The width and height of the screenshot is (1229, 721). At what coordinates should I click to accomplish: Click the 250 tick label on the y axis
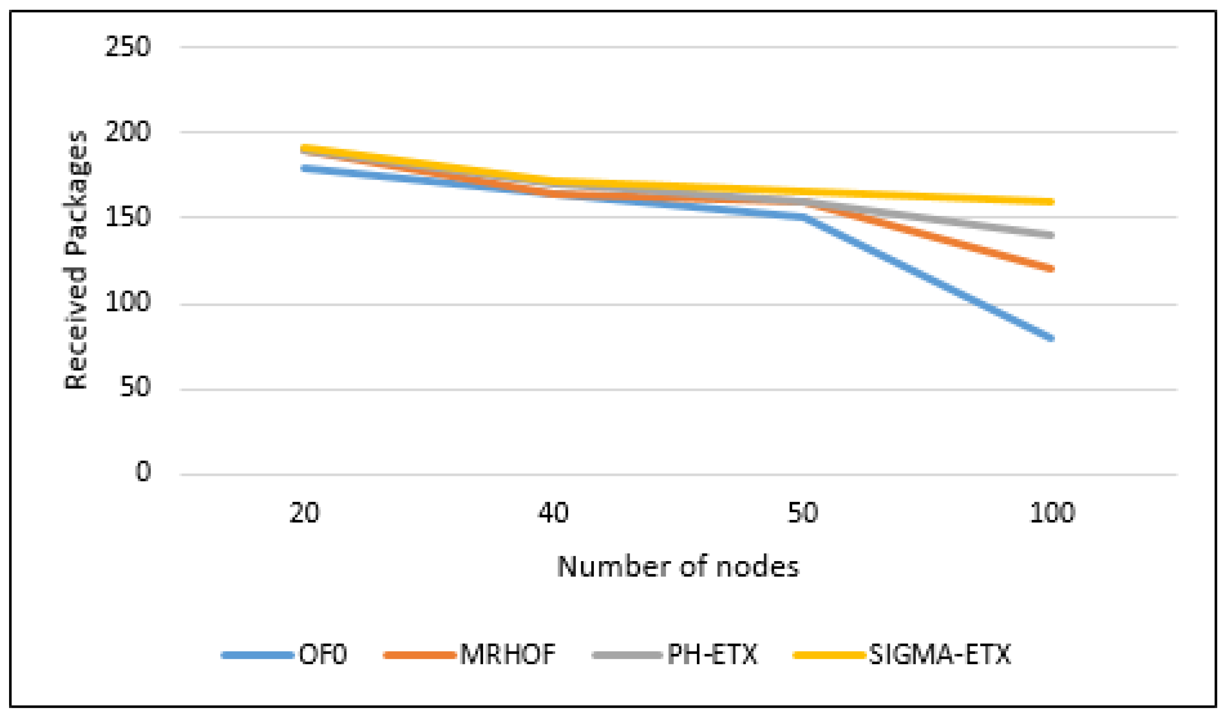127,47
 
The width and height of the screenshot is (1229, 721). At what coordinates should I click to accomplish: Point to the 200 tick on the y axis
127,132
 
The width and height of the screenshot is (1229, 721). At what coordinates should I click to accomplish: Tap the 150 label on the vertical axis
127,218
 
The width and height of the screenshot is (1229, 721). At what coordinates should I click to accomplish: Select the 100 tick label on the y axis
127,302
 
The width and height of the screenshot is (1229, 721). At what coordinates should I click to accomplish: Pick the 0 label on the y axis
143,472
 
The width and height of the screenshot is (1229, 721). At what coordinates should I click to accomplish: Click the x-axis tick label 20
304,513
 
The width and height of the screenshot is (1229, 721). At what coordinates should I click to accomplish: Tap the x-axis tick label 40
553,513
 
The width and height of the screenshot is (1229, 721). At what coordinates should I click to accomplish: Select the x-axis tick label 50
802,513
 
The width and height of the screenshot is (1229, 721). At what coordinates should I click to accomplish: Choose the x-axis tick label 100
1051,513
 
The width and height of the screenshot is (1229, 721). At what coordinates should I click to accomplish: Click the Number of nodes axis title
678,567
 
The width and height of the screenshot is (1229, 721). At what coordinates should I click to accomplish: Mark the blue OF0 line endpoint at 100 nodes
1051,338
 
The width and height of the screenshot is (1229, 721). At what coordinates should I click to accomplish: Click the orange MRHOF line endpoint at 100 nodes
1051,269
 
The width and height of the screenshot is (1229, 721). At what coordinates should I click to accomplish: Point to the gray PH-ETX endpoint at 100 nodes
1051,235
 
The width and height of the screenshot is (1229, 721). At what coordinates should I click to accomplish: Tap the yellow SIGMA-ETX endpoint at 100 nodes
1051,201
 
